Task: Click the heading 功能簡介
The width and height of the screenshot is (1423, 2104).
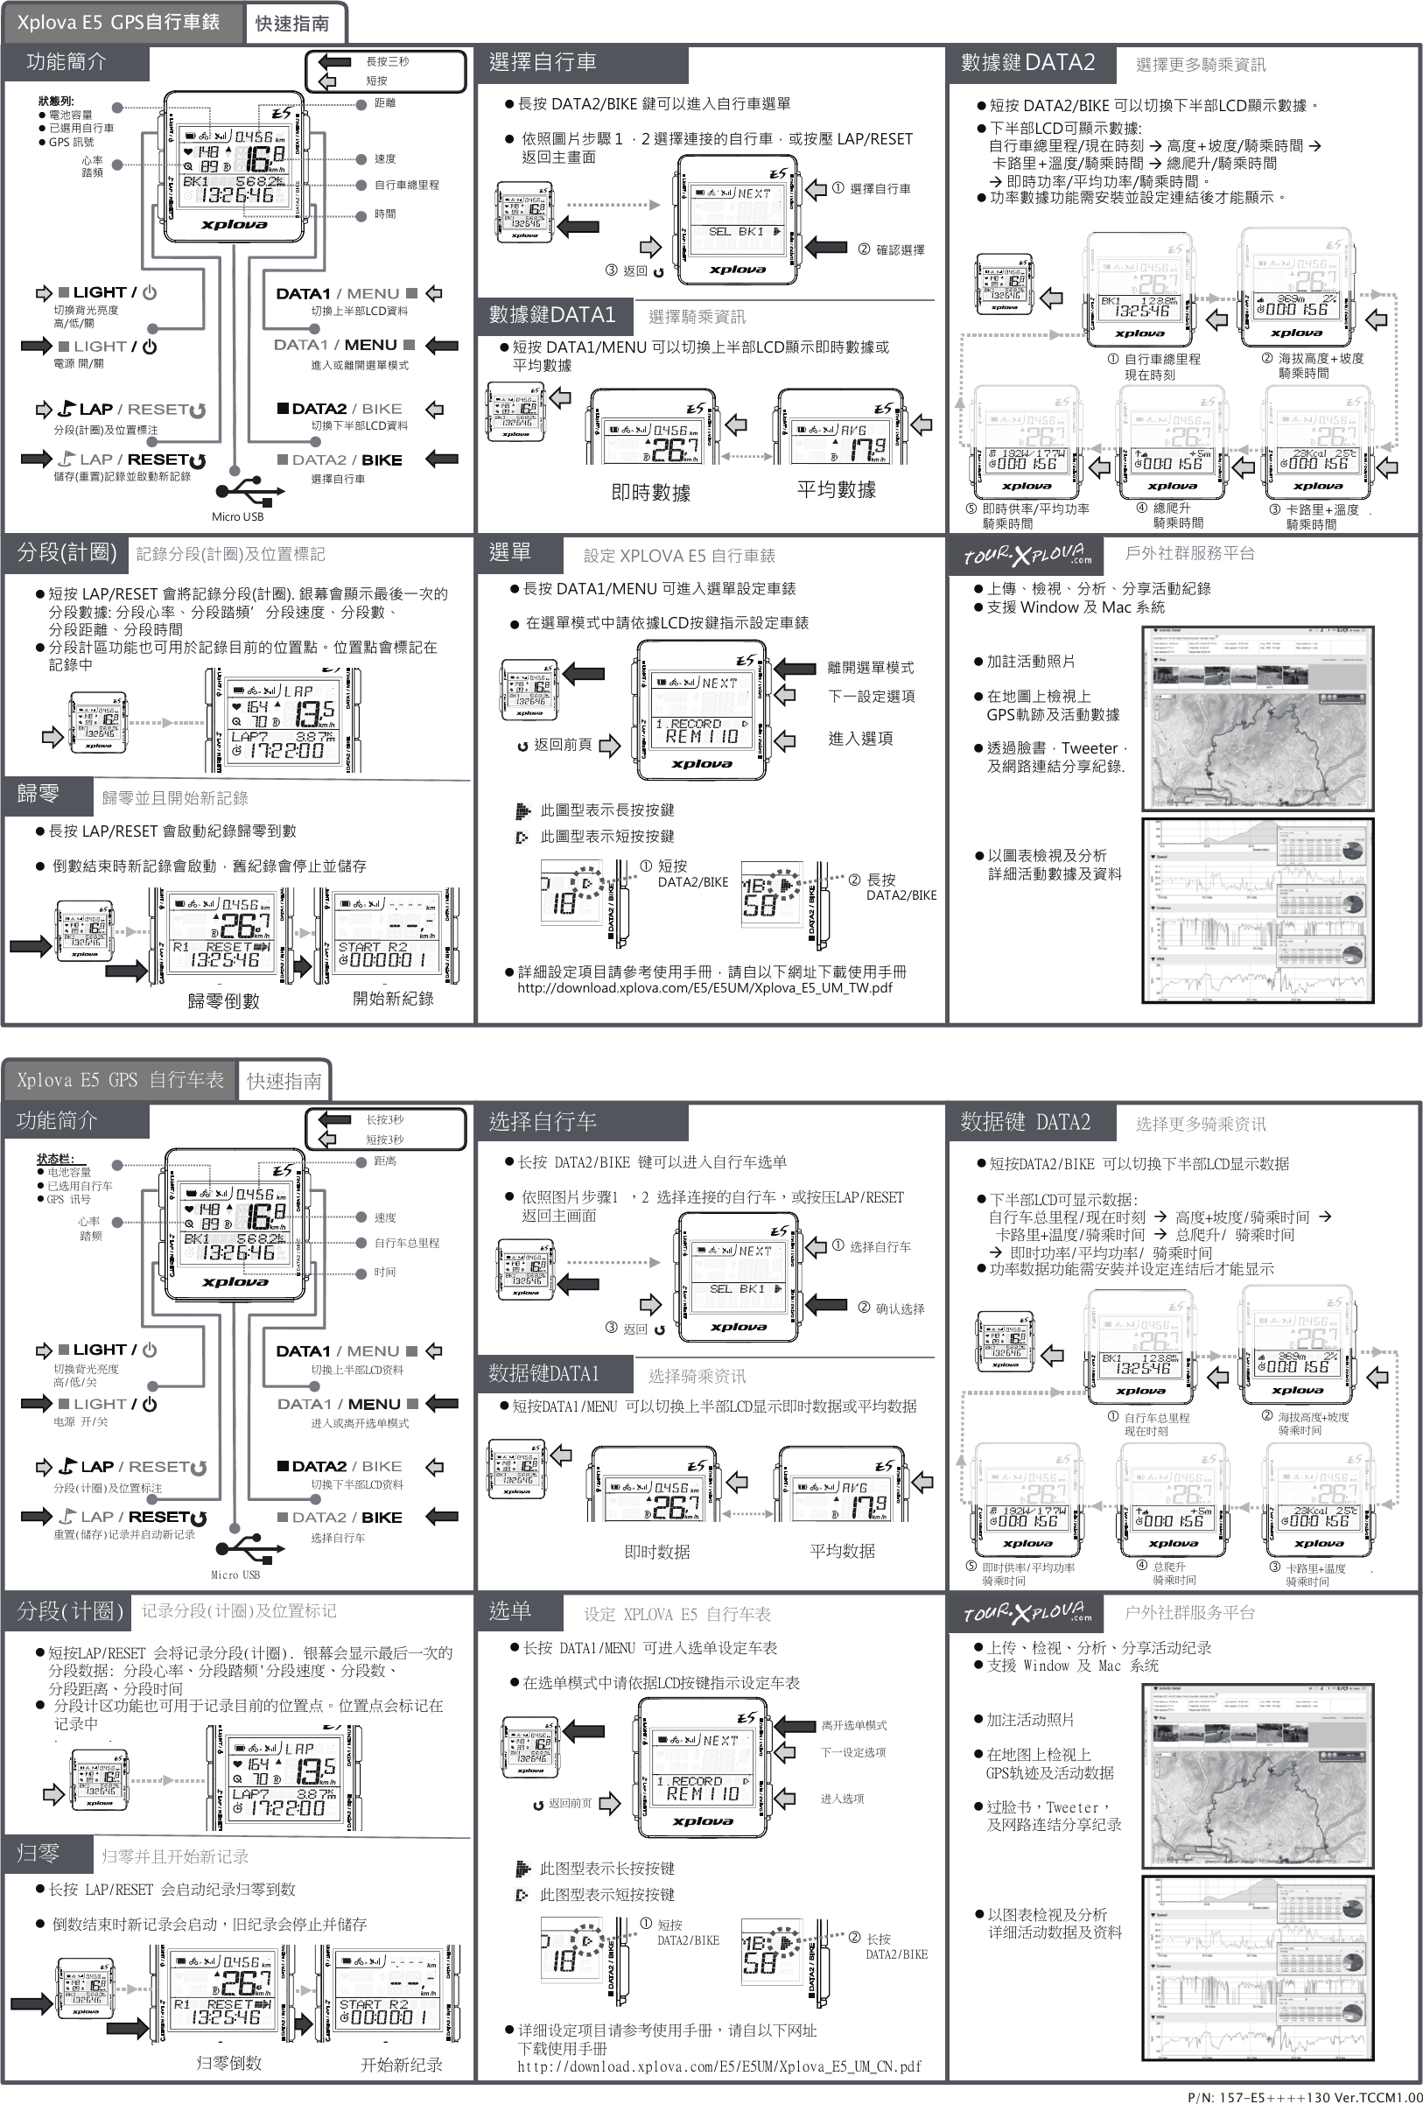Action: point(67,61)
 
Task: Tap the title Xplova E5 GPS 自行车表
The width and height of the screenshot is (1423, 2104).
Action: point(120,1080)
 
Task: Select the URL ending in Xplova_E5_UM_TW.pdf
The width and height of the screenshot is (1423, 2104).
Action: point(704,988)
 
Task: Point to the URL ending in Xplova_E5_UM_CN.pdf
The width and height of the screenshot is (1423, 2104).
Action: point(719,2066)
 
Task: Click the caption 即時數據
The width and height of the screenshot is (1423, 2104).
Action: point(651,493)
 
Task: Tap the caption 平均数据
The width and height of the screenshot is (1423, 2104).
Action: point(842,1551)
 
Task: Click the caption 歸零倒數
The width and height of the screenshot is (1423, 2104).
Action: point(223,1001)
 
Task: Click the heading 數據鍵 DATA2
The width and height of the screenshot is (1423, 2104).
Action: point(1027,62)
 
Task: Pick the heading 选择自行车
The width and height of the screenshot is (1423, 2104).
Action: point(543,1122)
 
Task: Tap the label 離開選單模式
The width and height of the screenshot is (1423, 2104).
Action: point(871,667)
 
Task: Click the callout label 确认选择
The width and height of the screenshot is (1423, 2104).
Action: point(900,1308)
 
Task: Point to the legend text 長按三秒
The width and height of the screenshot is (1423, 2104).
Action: point(388,61)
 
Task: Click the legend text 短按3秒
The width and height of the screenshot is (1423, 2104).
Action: point(385,1140)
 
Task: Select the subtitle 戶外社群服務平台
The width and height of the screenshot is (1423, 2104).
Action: point(1189,553)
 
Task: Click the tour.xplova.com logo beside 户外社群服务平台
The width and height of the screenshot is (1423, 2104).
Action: point(1027,1612)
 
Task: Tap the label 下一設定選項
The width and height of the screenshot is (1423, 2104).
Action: point(871,696)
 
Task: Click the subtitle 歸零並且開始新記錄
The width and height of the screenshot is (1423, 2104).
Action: point(175,797)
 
